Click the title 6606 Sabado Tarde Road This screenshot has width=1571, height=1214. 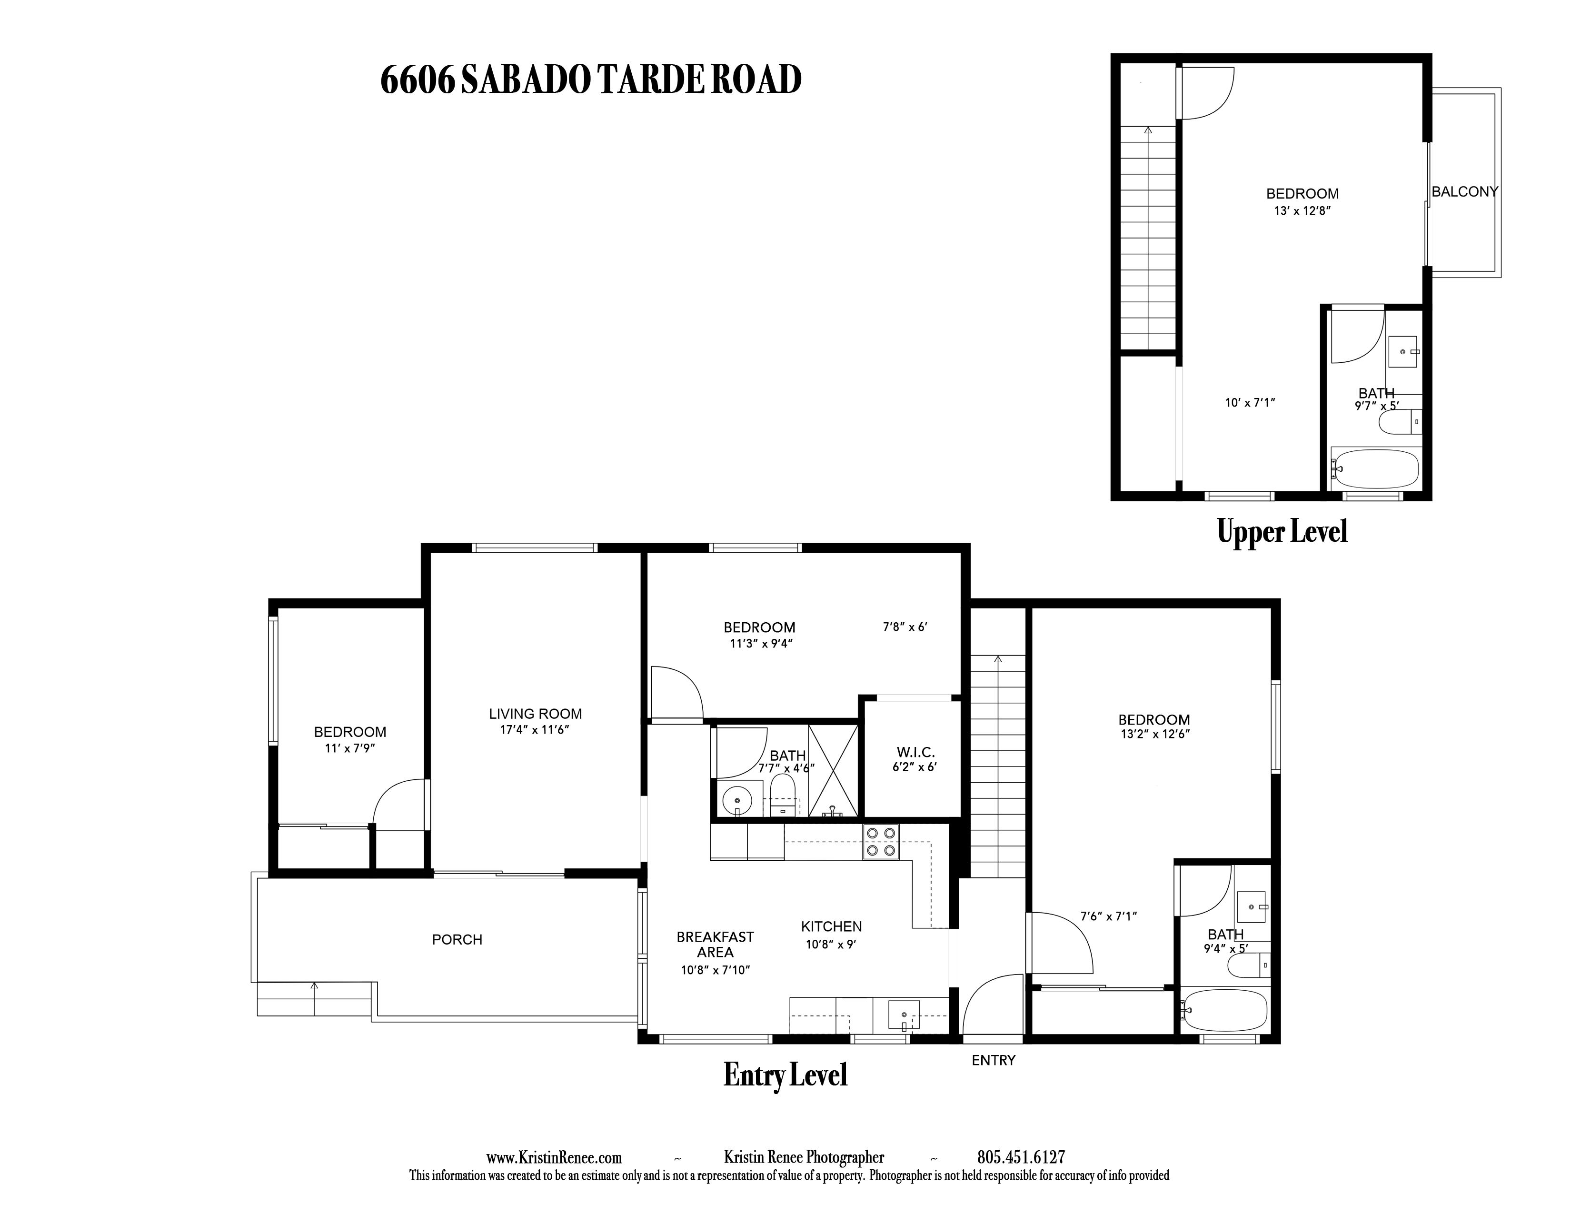point(591,80)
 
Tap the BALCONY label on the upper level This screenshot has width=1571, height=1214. point(1464,192)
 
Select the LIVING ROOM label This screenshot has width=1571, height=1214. point(535,714)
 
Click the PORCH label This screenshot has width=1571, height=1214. point(457,939)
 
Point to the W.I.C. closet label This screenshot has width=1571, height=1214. point(915,752)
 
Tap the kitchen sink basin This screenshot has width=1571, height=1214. point(904,1015)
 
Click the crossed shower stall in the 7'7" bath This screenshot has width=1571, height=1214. point(833,771)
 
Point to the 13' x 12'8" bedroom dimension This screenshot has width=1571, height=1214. point(1302,211)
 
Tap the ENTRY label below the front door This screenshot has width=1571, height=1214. point(994,1060)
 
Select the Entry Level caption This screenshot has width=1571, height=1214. point(785,1075)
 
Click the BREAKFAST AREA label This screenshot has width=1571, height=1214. point(715,945)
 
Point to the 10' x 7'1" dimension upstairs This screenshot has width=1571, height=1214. point(1250,403)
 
